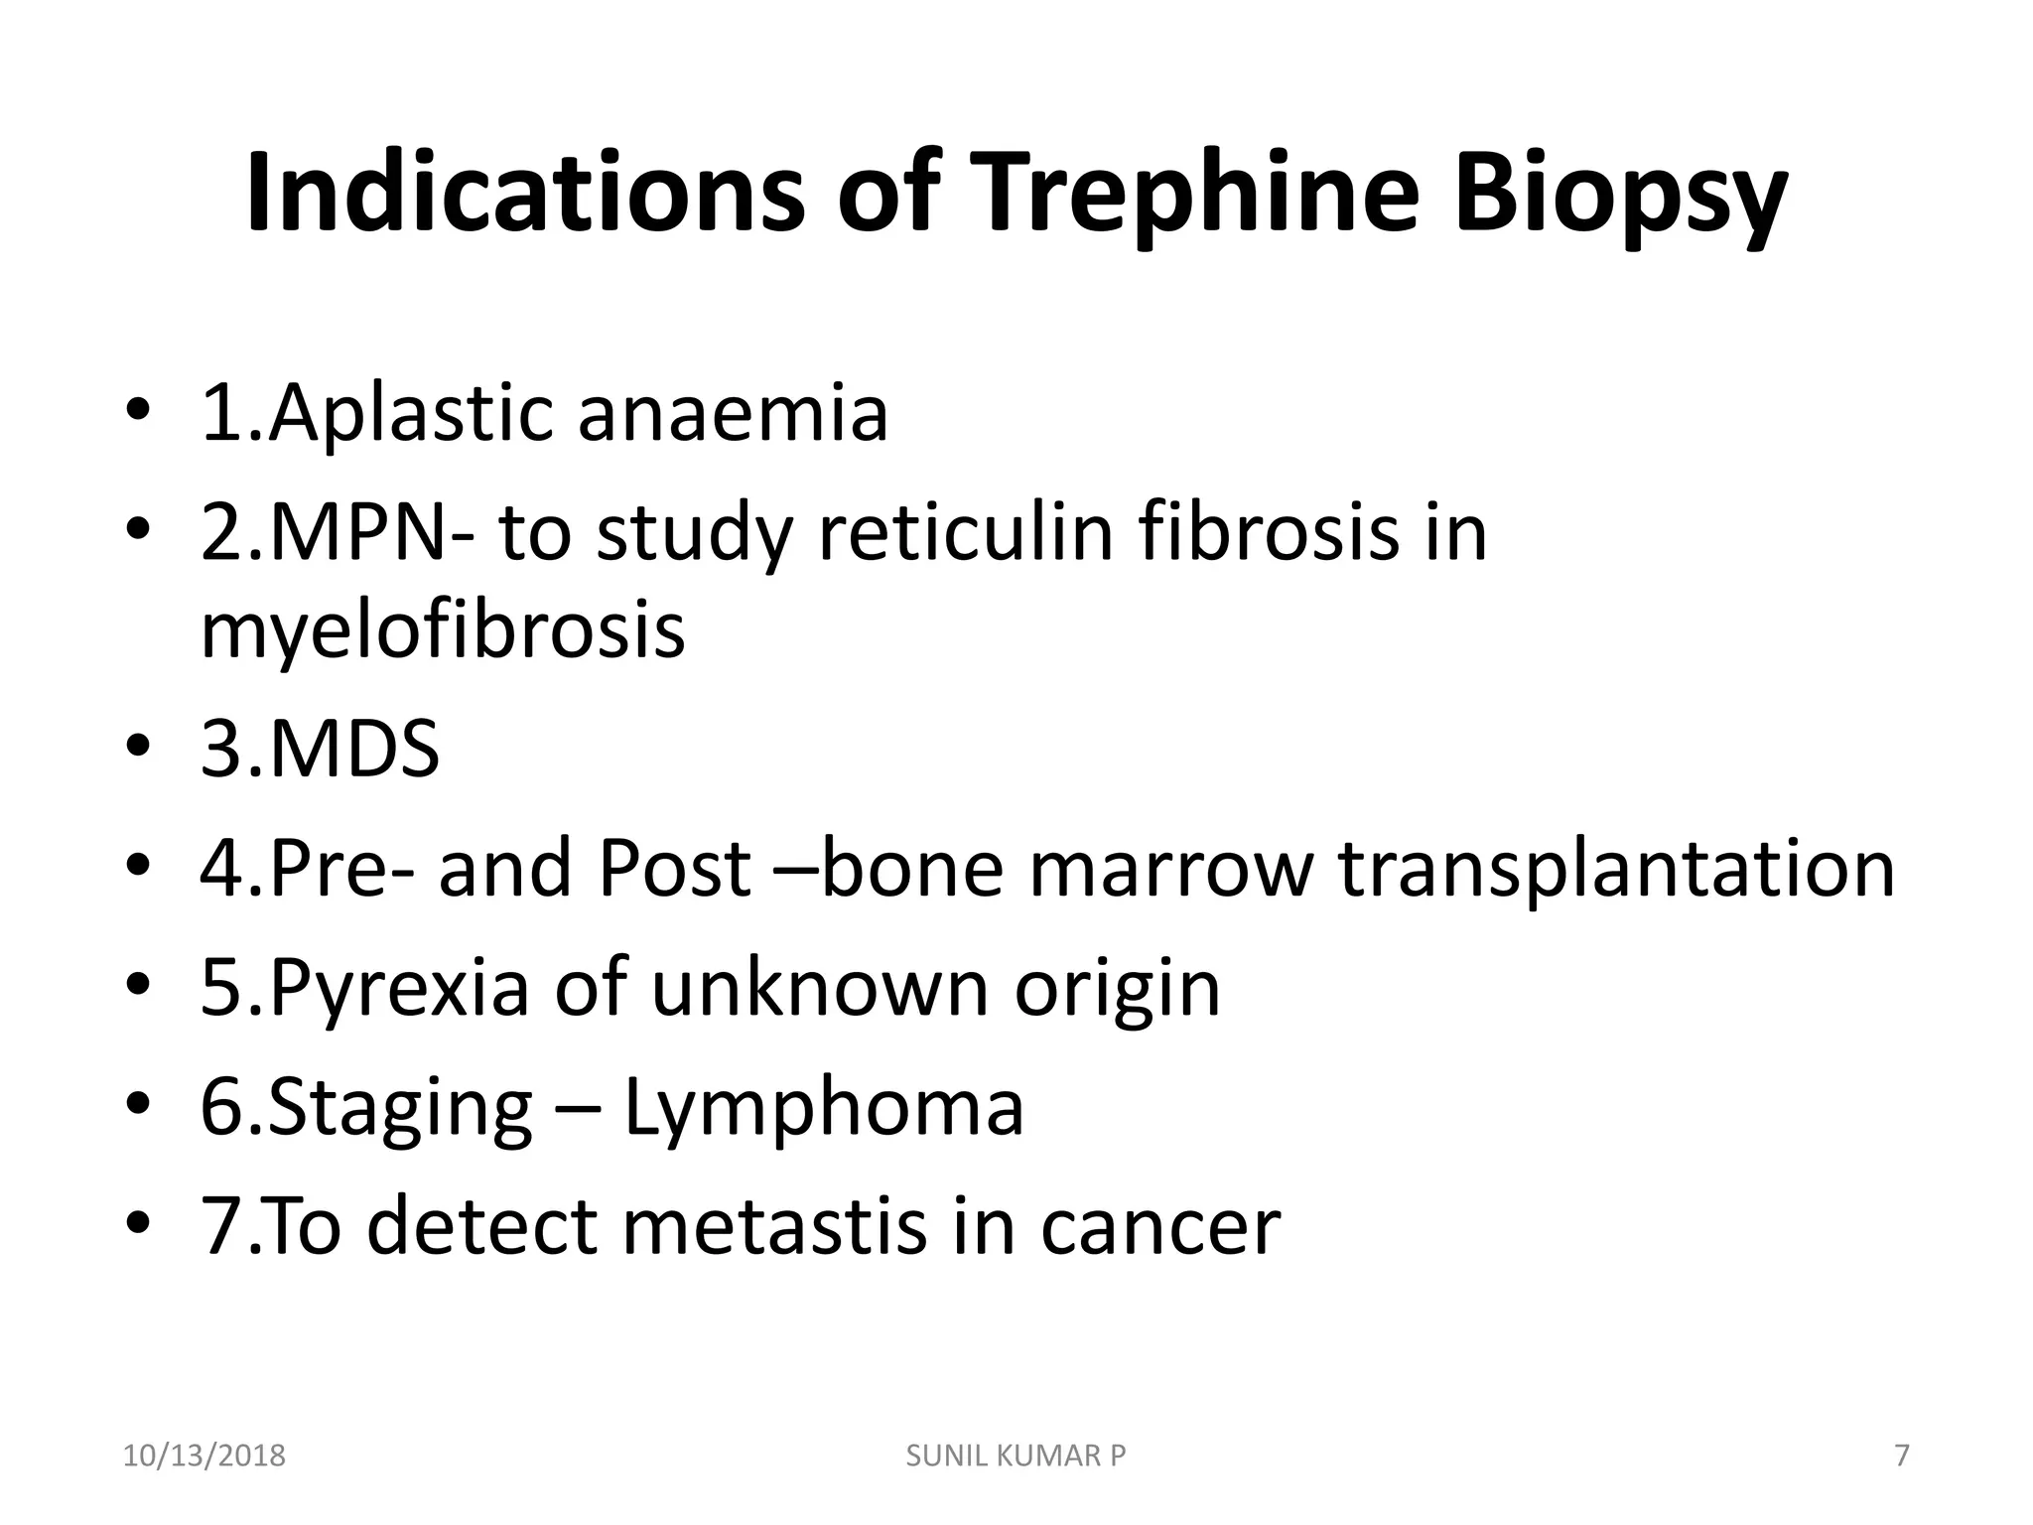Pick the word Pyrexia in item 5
click(x=397, y=989)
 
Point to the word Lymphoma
click(x=823, y=1108)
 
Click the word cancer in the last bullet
click(x=1160, y=1227)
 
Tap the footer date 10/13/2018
click(x=203, y=1456)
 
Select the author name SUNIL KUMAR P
click(x=1016, y=1456)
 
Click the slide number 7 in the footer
click(x=1902, y=1456)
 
